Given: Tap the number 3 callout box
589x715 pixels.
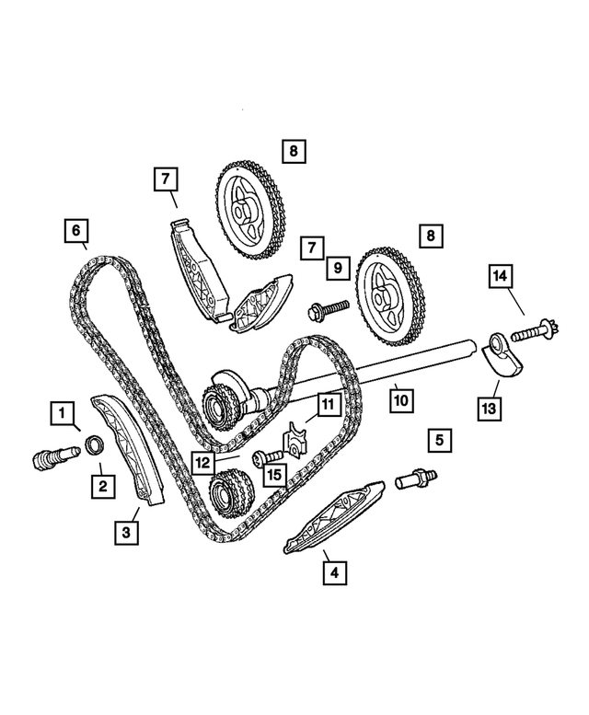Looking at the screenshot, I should pyautogui.click(x=128, y=531).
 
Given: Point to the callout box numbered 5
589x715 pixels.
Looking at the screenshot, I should pyautogui.click(x=439, y=441).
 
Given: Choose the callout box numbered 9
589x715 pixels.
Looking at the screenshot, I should pyautogui.click(x=338, y=268).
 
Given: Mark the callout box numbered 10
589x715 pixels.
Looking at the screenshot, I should pyautogui.click(x=400, y=400).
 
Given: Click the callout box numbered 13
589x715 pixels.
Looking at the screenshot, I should pyautogui.click(x=489, y=406).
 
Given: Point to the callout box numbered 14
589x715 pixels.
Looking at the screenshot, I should pyautogui.click(x=502, y=275).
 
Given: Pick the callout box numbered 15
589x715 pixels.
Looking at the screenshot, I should pyautogui.click(x=273, y=475).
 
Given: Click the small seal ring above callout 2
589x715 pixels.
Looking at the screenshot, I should pyautogui.click(x=94, y=448).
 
